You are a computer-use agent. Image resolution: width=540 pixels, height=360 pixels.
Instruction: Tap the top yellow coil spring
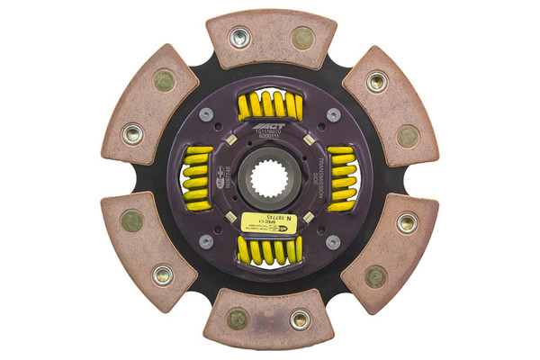[x=269, y=107]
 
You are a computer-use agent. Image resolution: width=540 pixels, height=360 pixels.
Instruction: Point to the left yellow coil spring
[x=198, y=178]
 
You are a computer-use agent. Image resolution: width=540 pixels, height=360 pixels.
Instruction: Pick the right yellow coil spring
[x=341, y=179]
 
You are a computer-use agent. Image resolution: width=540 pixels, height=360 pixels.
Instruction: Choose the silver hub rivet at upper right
[x=333, y=115]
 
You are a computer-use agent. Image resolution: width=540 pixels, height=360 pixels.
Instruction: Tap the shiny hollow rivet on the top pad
[x=239, y=38]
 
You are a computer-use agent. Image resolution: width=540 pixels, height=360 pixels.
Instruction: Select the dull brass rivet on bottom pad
[x=238, y=319]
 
